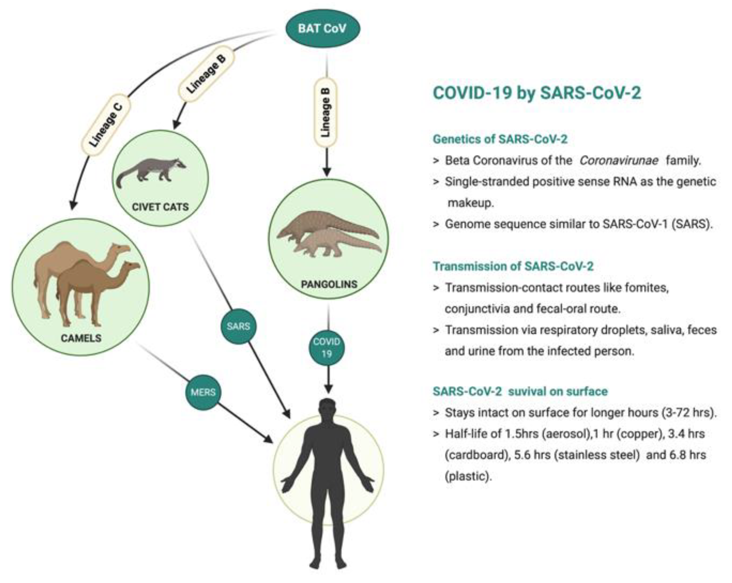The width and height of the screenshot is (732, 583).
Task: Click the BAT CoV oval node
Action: pyautogui.click(x=322, y=29)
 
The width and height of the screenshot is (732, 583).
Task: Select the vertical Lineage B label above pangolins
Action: pyautogui.click(x=326, y=113)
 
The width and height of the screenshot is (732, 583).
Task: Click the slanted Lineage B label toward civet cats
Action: pyautogui.click(x=206, y=74)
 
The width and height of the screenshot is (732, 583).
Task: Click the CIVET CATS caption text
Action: pyautogui.click(x=160, y=207)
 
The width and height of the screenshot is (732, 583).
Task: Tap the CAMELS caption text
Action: pyautogui.click(x=81, y=338)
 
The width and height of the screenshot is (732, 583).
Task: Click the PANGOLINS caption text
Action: pyautogui.click(x=329, y=284)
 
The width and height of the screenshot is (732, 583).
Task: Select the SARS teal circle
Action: pyautogui.click(x=238, y=326)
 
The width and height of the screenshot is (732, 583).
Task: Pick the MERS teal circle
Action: pyautogui.click(x=203, y=392)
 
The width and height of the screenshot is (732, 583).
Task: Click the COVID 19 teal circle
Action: pyautogui.click(x=327, y=347)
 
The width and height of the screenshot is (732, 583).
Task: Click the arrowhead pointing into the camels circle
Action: pyautogui.click(x=73, y=205)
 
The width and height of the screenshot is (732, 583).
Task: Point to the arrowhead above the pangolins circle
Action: pyautogui.click(x=326, y=172)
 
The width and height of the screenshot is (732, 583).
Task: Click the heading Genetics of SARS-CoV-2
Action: pyautogui.click(x=500, y=139)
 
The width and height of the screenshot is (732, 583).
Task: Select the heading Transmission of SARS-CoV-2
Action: pyautogui.click(x=513, y=266)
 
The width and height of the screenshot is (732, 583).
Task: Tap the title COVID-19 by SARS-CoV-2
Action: pyautogui.click(x=536, y=93)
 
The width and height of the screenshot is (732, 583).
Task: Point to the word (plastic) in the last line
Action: pyautogui.click(x=468, y=476)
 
